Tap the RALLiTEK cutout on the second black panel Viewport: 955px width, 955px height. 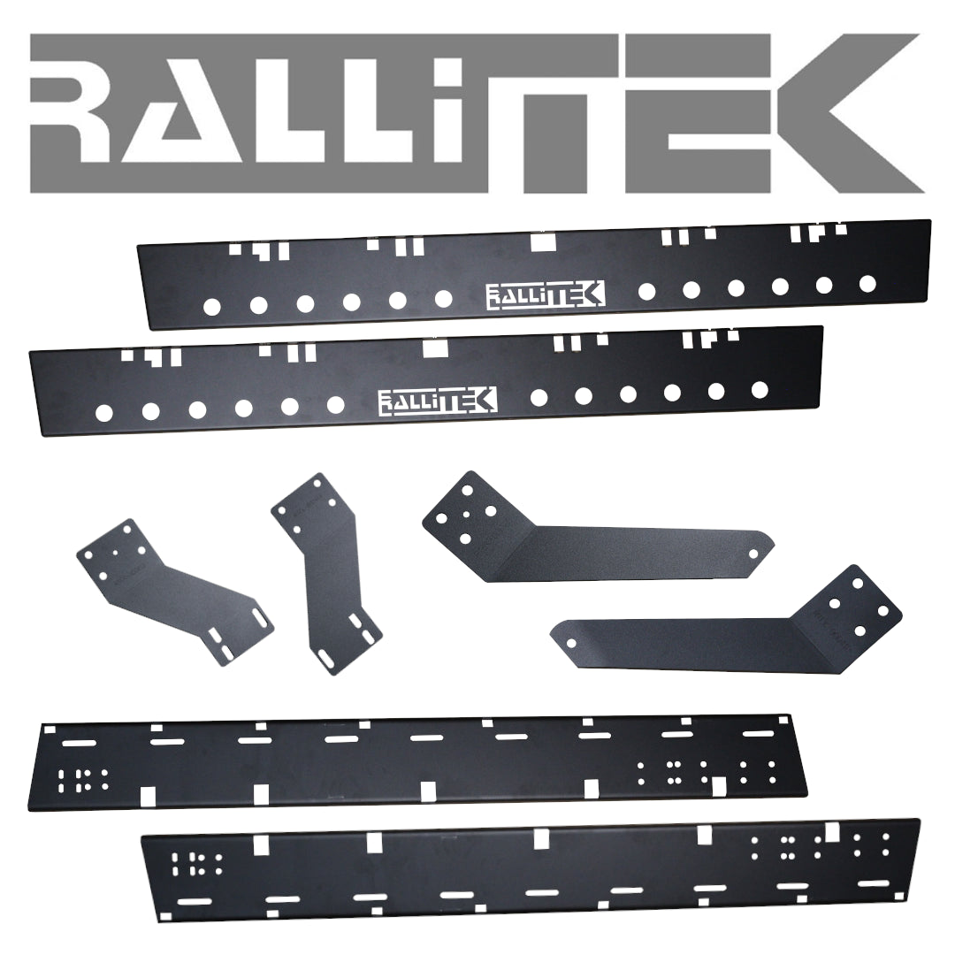pos(437,400)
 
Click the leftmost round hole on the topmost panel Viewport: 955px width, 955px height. pos(212,307)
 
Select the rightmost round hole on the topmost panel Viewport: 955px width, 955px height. pos(867,283)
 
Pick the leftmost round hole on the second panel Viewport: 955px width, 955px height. pos(103,411)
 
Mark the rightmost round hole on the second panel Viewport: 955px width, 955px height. pos(759,388)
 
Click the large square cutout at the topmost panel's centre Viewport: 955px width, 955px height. pos(541,241)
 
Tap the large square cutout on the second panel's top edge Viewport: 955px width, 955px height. pos(434,348)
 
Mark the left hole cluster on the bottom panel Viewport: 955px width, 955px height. pos(196,864)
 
